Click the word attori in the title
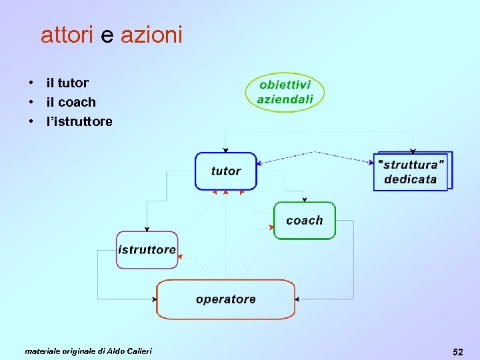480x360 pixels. click(x=67, y=35)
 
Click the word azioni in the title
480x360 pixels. click(x=151, y=35)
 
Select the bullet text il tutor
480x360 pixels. click(x=67, y=83)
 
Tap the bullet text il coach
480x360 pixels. click(x=71, y=103)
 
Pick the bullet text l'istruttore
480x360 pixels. click(x=79, y=122)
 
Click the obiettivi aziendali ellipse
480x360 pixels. click(x=285, y=93)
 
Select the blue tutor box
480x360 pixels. click(x=225, y=171)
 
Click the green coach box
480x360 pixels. click(x=304, y=221)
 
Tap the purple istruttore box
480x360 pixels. click(x=147, y=250)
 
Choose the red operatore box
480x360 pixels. click(x=225, y=299)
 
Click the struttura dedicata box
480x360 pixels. click(x=411, y=172)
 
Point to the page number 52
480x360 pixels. click(x=457, y=351)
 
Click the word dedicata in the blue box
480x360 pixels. click(x=411, y=179)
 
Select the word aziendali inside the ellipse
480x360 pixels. click(x=285, y=99)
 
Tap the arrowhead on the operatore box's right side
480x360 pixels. click(x=297, y=299)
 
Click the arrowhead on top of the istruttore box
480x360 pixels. click(x=147, y=229)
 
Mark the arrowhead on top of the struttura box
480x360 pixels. click(x=413, y=151)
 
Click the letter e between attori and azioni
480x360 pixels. click(x=107, y=35)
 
